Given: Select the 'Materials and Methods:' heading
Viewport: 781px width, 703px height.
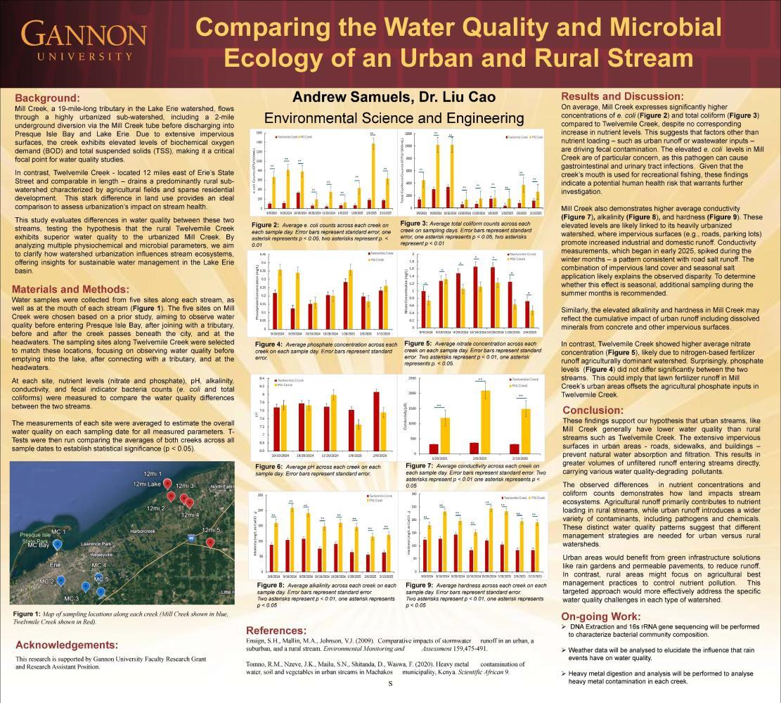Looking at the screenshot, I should coord(70,290).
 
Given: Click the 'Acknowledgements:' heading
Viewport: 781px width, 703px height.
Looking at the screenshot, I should coord(67,645).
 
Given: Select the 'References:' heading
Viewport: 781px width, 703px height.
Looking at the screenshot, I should coord(276,630).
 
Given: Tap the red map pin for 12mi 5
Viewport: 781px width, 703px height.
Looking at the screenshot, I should coord(210,542).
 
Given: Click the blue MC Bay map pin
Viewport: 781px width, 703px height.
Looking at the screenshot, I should coord(57,543).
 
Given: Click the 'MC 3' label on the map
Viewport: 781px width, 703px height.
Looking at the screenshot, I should coord(71,598).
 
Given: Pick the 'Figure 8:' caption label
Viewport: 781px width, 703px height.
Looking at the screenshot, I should coord(271,585).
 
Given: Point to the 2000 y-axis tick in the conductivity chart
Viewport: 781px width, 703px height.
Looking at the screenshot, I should coord(413,394).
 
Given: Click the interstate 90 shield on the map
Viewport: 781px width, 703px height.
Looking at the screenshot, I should coord(191,538).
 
